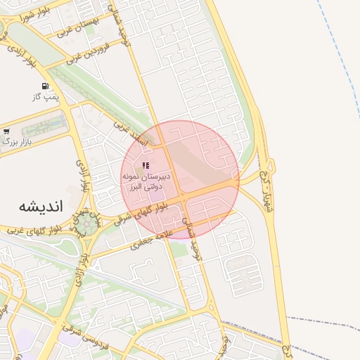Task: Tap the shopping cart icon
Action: pyautogui.click(x=6, y=131)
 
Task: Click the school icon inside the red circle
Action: pyautogui.click(x=146, y=165)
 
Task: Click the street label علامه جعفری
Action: pyautogui.click(x=150, y=242)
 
